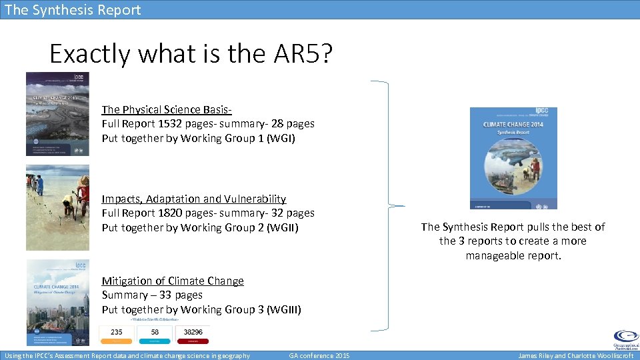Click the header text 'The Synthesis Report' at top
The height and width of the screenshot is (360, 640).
point(73,9)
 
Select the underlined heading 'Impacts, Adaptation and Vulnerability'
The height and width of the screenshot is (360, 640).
point(193,199)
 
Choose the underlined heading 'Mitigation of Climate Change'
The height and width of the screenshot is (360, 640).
point(173,281)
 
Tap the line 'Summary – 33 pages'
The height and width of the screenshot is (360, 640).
point(152,295)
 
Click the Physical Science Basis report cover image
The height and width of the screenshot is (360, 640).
point(57,114)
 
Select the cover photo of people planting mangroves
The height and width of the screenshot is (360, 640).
point(57,208)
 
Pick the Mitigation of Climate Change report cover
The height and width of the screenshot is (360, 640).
point(57,301)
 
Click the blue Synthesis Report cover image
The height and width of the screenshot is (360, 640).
point(513,158)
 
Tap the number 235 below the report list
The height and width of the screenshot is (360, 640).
point(117,332)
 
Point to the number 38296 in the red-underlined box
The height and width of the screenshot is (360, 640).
point(193,332)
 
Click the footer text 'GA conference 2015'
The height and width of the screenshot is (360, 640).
point(319,355)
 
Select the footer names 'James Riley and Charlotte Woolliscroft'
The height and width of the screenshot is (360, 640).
point(575,355)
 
